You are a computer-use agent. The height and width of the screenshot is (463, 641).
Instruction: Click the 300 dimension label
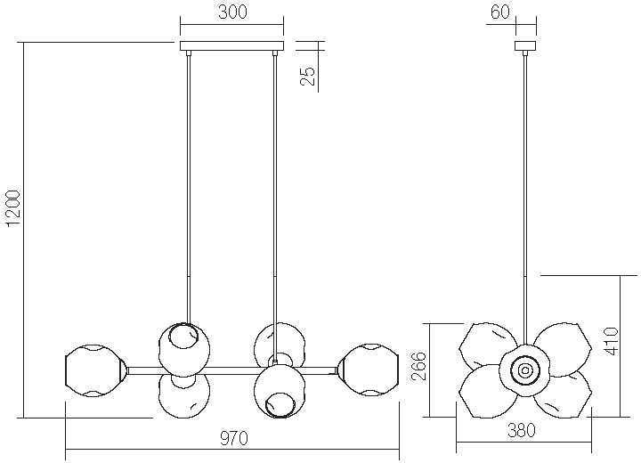click(x=232, y=12)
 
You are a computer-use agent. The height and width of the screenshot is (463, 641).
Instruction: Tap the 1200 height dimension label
click(x=12, y=207)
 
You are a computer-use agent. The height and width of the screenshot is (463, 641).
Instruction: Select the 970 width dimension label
click(x=234, y=438)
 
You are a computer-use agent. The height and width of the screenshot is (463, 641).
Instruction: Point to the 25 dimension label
click(x=308, y=76)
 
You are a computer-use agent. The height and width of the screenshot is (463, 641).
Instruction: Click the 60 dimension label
click(x=500, y=12)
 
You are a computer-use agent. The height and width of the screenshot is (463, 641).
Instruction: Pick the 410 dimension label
click(x=611, y=341)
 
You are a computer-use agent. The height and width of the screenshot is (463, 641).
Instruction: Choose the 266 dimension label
click(x=418, y=365)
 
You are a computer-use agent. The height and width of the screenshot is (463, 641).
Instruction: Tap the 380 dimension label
click(x=522, y=430)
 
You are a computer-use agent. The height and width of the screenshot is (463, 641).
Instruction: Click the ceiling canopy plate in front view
click(x=231, y=45)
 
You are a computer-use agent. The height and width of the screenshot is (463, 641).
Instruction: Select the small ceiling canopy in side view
click(x=525, y=45)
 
